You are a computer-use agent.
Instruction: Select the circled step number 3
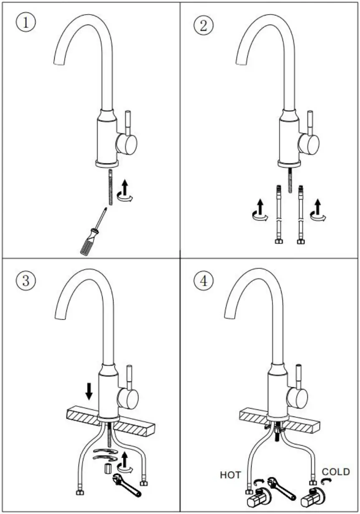(25, 280)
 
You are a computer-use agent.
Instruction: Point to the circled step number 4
(203, 281)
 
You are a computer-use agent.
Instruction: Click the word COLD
(335, 471)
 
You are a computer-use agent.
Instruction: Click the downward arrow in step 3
(89, 391)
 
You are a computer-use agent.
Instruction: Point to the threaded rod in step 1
(110, 187)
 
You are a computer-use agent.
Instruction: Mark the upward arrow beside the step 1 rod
(126, 186)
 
